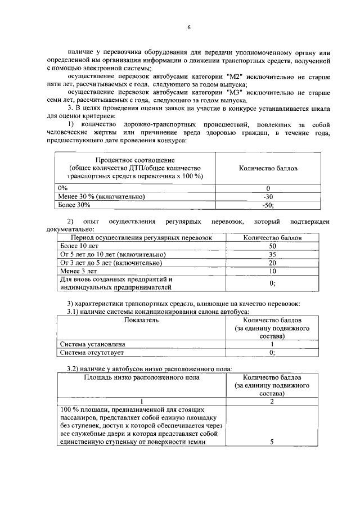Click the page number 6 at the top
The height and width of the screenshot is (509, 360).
coord(189,28)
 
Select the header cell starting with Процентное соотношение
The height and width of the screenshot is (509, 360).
coord(134,168)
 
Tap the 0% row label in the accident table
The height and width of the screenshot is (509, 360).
coord(63,188)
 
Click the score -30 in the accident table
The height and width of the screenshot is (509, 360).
coord(268,196)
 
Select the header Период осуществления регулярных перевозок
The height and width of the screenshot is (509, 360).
coord(136,238)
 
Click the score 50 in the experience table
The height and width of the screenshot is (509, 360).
coord(272,246)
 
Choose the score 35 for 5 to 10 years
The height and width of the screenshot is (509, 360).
coord(272,255)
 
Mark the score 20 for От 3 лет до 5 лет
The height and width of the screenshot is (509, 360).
coord(272,263)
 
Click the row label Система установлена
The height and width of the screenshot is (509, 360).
coord(92,344)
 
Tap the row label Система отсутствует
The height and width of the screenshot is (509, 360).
coord(92,353)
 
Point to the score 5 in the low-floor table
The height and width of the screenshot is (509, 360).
coord(272,442)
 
